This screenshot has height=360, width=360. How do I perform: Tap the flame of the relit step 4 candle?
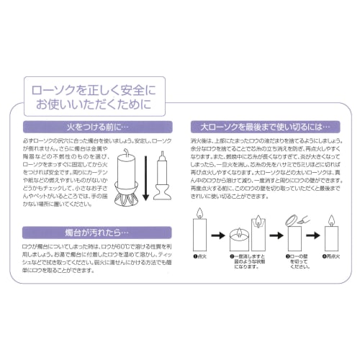(x=332, y=220)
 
